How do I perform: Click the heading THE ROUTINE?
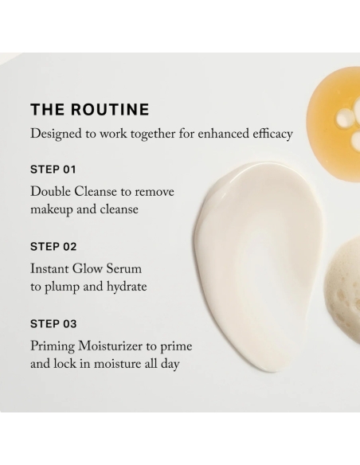click(x=89, y=110)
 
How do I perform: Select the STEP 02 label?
click(x=53, y=247)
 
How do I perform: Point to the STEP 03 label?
click(x=53, y=324)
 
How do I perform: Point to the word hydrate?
click(x=124, y=287)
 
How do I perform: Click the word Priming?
click(x=53, y=347)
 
